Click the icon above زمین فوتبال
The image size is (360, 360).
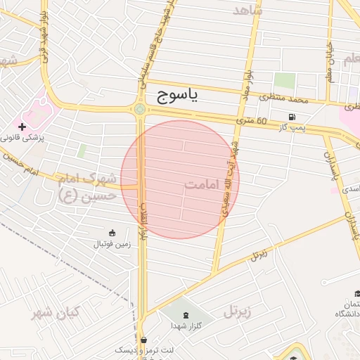112,233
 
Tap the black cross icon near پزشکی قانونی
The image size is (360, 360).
22,127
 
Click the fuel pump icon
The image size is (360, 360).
291,117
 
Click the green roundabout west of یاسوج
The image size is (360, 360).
140,109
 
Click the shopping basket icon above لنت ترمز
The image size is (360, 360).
143,339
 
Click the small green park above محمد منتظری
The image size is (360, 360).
284,80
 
